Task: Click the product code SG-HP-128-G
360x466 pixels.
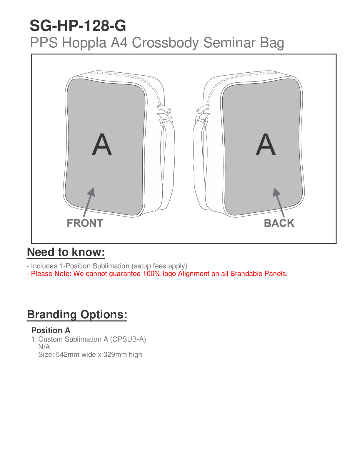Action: point(78,26)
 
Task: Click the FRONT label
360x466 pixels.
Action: point(85,223)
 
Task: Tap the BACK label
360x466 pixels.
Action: point(279,223)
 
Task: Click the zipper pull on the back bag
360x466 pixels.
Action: point(203,109)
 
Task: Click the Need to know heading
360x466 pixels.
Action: point(66,252)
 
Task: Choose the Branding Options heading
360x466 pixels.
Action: point(77,314)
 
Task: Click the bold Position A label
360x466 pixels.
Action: point(51,330)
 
